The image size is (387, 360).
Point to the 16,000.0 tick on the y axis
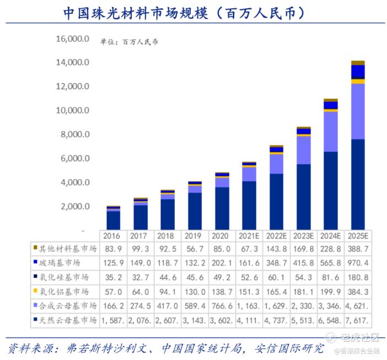pyautogui.click(x=72, y=39)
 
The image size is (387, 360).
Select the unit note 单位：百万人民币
pyautogui.click(x=128, y=42)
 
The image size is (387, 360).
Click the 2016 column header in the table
pyautogui.click(x=113, y=236)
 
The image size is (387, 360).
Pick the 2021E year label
pyautogui.click(x=249, y=236)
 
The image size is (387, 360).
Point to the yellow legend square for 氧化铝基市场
pyautogui.click(x=35, y=290)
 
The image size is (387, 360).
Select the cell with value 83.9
pyautogui.click(x=113, y=248)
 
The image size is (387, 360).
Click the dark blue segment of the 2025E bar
pyautogui.click(x=358, y=185)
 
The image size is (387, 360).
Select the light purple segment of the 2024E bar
pyautogui.click(x=330, y=131)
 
